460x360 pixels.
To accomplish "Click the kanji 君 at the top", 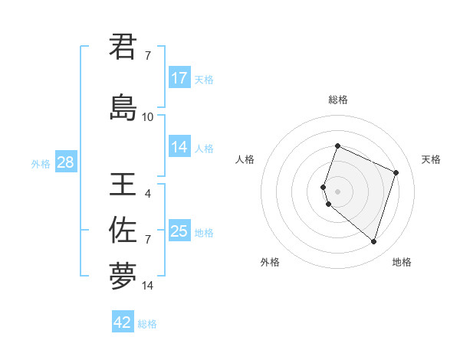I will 123,47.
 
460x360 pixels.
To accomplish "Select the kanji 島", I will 123,107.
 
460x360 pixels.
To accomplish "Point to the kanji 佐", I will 123,230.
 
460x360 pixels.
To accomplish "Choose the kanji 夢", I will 123,276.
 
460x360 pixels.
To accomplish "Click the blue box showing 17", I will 179,78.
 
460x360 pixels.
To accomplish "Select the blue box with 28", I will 64,162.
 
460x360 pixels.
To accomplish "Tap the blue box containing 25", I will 179,231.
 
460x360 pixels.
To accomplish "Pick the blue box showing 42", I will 123,322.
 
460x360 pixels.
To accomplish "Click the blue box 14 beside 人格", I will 179,147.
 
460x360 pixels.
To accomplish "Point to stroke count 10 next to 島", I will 148,117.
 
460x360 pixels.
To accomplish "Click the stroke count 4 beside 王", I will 148,194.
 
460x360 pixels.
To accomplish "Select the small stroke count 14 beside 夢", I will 148,286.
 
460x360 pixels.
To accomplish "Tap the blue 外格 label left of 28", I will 41,164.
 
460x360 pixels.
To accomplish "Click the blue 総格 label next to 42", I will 147,324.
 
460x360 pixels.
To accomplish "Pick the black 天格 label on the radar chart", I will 431,159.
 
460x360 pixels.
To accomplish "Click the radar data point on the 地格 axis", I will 373,242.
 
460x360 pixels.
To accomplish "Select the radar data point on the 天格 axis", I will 396,172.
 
